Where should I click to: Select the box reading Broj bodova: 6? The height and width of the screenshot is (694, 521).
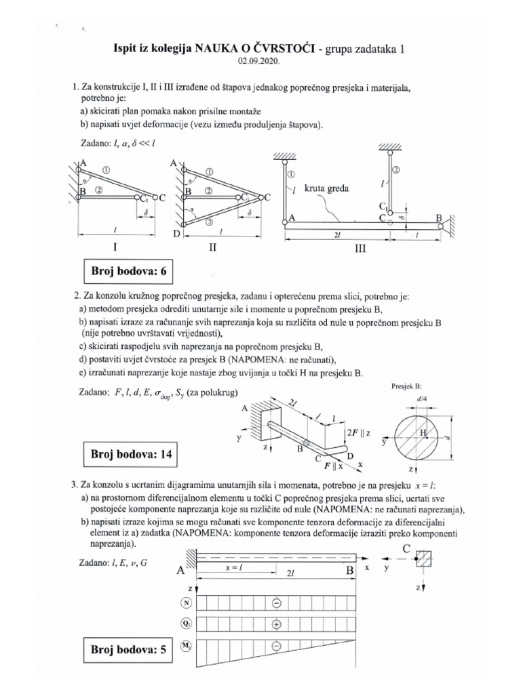[x=128, y=272]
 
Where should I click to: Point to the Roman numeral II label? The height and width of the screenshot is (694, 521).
[x=212, y=248]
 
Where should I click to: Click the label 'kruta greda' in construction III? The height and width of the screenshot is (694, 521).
[x=328, y=189]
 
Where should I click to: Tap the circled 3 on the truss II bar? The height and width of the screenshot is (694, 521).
[x=209, y=222]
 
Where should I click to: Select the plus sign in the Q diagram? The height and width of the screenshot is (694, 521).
[x=276, y=623]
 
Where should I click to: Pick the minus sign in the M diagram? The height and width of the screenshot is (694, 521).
[x=276, y=645]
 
